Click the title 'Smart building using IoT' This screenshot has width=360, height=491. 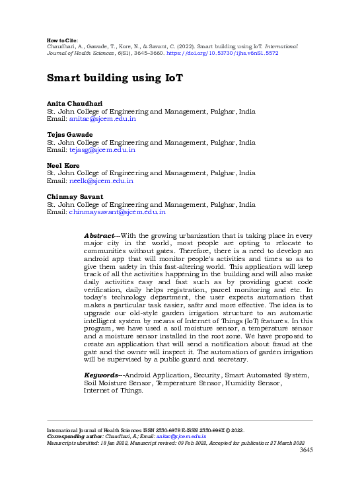(x=114, y=78)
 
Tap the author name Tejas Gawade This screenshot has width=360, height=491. (x=69, y=135)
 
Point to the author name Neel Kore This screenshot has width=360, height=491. (x=63, y=165)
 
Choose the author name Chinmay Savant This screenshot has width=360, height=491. (x=75, y=197)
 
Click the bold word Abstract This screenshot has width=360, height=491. (x=100, y=236)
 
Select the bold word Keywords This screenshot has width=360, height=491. (x=102, y=375)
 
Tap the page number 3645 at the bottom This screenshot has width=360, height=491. (x=306, y=450)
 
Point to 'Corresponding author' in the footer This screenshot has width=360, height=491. (x=74, y=437)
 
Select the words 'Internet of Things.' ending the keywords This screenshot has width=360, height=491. (x=113, y=391)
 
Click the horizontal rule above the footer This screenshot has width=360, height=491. (x=180, y=420)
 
